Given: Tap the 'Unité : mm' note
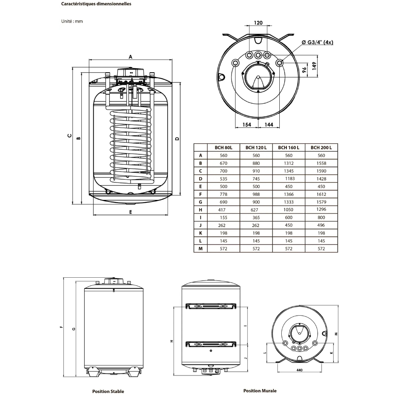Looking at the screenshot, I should [72, 21].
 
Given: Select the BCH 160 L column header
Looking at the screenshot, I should [288, 147].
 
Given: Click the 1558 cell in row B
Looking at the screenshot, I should [321, 163].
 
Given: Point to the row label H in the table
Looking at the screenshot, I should [201, 210].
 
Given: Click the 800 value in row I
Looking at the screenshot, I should [321, 217].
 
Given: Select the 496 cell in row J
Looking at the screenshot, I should [321, 225].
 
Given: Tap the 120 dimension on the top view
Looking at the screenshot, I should [258, 23].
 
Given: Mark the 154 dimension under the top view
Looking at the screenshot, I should [247, 125].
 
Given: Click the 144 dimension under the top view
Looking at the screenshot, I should [269, 125].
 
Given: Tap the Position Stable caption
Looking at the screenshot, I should [108, 391].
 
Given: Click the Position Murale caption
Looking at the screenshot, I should [260, 391].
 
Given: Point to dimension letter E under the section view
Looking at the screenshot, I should [130, 212].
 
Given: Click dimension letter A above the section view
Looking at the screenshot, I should [130, 57].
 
